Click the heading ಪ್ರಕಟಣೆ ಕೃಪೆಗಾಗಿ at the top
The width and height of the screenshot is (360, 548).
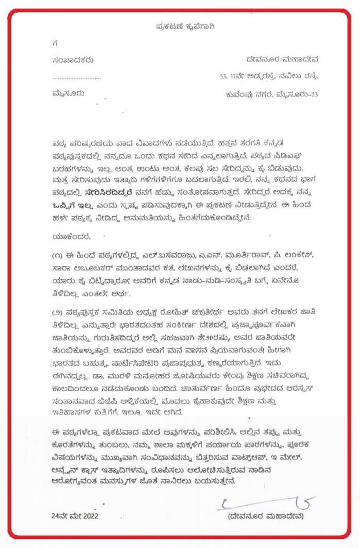[185, 26]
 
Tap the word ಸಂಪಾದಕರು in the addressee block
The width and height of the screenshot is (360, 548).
[73, 60]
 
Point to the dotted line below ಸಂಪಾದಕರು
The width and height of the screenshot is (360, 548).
[76, 78]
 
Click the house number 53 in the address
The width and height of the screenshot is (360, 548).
[223, 76]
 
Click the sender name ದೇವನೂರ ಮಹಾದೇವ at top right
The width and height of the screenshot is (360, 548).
[282, 59]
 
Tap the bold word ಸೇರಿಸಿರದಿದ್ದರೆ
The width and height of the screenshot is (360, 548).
[108, 193]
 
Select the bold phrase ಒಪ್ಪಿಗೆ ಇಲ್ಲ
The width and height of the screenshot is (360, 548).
[72, 206]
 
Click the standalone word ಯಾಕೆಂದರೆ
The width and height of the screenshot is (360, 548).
[71, 237]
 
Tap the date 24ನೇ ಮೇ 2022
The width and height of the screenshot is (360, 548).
[75, 516]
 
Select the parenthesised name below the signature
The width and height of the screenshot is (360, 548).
[266, 516]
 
